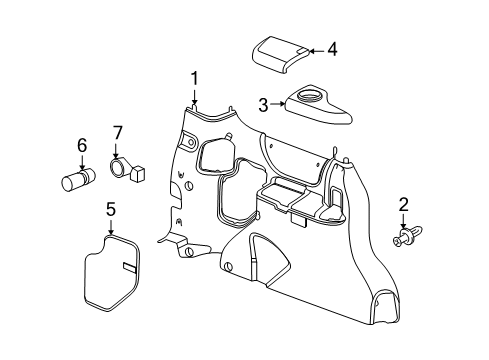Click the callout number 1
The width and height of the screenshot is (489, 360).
point(196,77)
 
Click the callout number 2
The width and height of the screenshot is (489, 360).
point(403,205)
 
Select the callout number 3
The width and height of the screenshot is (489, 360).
point(263,103)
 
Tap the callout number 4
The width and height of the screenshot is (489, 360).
point(333,48)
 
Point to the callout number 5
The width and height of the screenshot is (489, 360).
point(111,210)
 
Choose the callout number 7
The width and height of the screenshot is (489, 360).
point(117,133)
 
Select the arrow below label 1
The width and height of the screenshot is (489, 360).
point(196,96)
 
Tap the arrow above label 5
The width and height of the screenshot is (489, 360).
point(111,227)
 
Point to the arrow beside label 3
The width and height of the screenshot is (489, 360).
point(279,103)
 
